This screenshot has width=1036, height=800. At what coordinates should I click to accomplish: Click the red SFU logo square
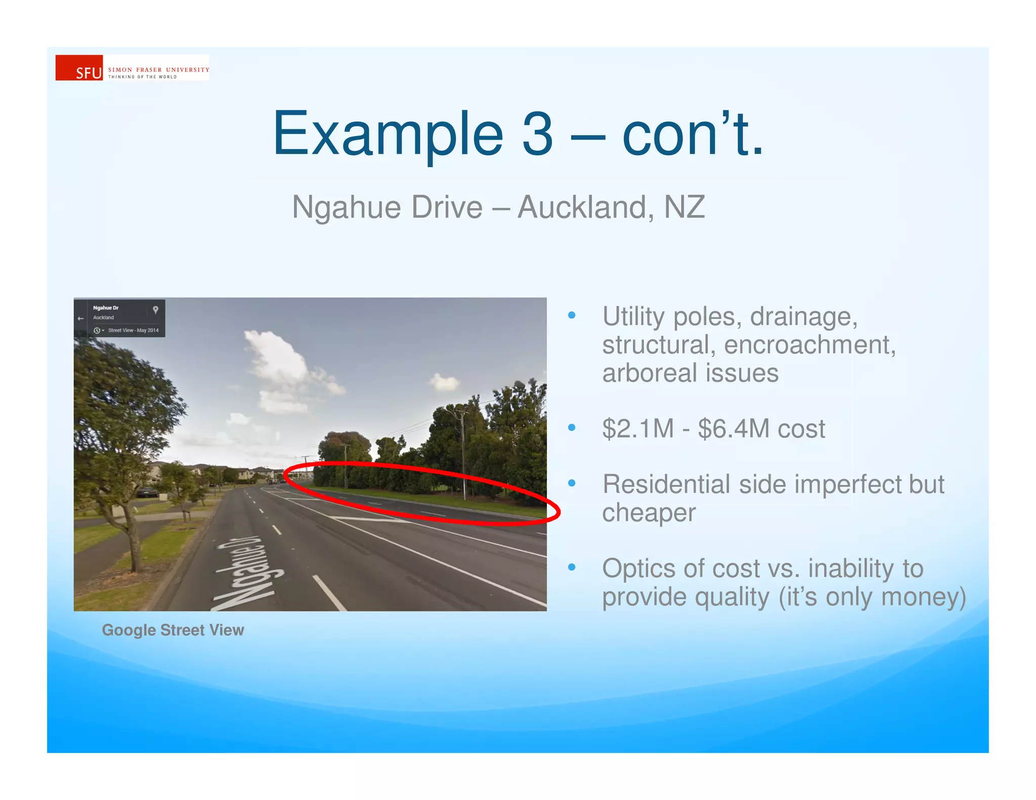pyautogui.click(x=79, y=68)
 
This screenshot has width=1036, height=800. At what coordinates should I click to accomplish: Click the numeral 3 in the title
pyautogui.click(x=537, y=134)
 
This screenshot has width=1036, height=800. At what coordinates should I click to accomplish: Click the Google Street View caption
pyautogui.click(x=173, y=630)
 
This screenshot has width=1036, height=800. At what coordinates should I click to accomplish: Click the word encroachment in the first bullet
pyautogui.click(x=809, y=345)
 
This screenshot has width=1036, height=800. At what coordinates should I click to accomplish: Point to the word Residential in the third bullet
pyautogui.click(x=666, y=484)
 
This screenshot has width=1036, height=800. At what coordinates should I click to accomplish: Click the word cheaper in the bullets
pyautogui.click(x=649, y=513)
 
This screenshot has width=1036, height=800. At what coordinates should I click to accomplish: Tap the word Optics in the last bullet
pyautogui.click(x=638, y=568)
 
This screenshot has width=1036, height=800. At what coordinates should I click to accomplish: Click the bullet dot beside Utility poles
pyautogui.click(x=572, y=316)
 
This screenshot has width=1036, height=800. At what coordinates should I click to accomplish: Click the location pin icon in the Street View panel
pyautogui.click(x=156, y=310)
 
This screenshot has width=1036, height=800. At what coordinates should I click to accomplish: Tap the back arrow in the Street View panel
pyautogui.click(x=80, y=319)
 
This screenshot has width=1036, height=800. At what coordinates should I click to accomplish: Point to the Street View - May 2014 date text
pyautogui.click(x=133, y=330)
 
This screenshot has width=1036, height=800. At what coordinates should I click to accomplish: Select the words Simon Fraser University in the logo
pyautogui.click(x=158, y=70)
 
